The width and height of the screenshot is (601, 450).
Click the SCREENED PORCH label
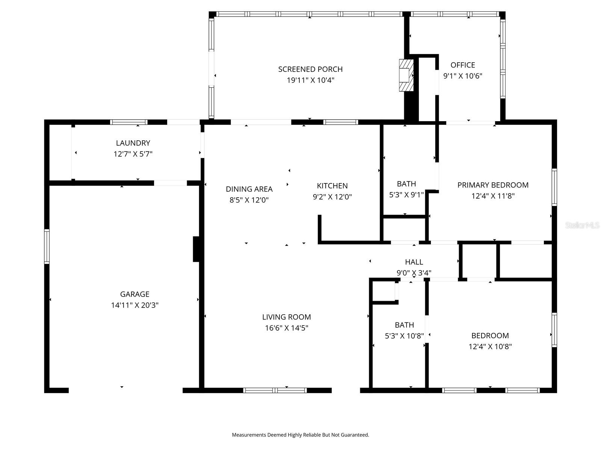310,69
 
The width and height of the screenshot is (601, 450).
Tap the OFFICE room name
463,65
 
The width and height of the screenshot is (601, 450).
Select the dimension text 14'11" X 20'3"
134,305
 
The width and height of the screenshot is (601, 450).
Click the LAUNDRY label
133,143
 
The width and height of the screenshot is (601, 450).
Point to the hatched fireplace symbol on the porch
406,75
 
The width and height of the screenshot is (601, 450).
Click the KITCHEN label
332,186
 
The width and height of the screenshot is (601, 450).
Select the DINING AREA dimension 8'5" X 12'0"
249,200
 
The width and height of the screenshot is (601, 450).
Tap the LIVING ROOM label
286,317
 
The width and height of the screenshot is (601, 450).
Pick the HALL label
414,262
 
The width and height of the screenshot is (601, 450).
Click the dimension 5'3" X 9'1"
406,195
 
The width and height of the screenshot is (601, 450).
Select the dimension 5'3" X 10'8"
404,336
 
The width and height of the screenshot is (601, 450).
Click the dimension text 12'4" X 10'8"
490,346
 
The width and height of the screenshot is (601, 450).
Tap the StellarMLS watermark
582,225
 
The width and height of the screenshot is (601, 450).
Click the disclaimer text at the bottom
300,435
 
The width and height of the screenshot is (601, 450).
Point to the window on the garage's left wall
47,246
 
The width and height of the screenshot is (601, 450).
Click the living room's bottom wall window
275,390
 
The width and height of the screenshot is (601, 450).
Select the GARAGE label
134,294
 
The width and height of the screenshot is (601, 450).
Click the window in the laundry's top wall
129,122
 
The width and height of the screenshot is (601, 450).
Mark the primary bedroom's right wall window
554,187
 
